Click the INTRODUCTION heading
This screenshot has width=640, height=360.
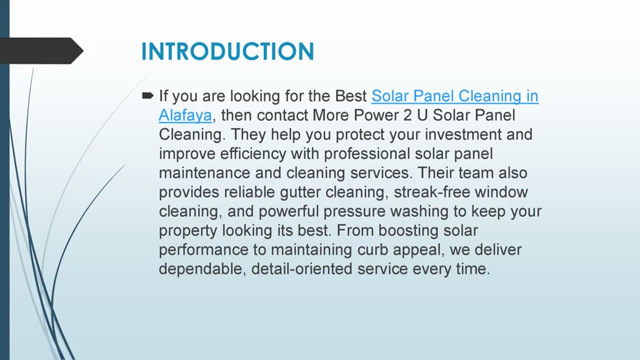[x=227, y=51]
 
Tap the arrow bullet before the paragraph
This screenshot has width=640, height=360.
[x=147, y=95]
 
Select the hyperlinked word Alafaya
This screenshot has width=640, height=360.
[x=185, y=115]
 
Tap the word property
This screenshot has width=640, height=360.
[x=188, y=231]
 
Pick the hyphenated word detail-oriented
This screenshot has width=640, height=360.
[x=302, y=269]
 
